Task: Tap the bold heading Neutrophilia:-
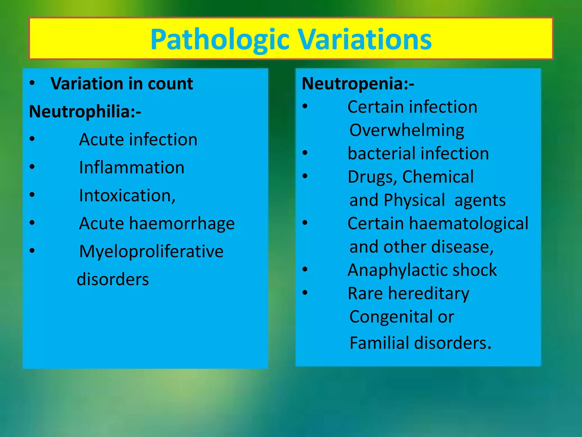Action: tap(85, 111)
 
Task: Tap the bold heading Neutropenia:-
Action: tap(358, 84)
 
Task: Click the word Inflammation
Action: tap(132, 167)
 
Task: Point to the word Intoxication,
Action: tap(127, 195)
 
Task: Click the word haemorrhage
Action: tap(182, 223)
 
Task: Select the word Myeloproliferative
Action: tap(151, 252)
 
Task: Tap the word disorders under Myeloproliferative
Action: tap(113, 279)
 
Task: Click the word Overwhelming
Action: tap(407, 130)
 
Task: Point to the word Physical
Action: tap(414, 200)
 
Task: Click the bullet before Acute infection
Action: tap(32, 139)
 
